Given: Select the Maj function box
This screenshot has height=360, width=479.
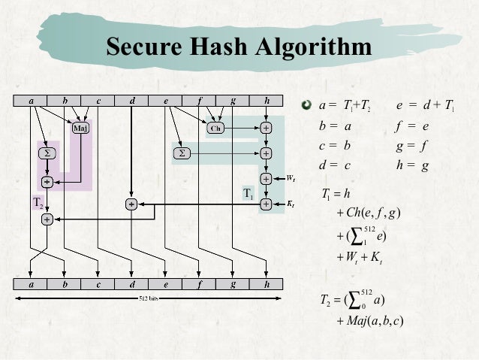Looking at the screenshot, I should click(x=79, y=128).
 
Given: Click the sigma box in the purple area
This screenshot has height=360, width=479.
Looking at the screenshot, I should click(x=47, y=153).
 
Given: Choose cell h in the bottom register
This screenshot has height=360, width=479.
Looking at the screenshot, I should click(x=267, y=285).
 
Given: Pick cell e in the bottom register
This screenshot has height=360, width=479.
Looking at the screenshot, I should click(x=165, y=285).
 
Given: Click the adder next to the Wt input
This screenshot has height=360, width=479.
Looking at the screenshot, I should click(x=266, y=179).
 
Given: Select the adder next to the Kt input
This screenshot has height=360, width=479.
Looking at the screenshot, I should click(x=266, y=204).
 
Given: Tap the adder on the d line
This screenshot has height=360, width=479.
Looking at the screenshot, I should click(x=131, y=204).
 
